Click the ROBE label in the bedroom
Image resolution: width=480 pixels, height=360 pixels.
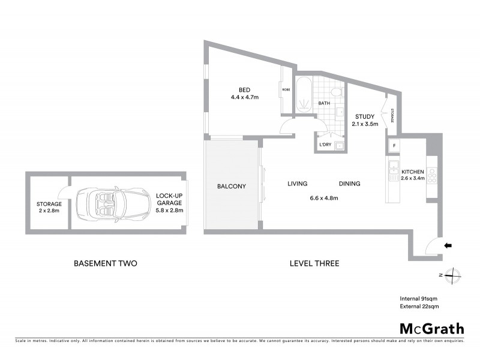pyautogui.click(x=286, y=90)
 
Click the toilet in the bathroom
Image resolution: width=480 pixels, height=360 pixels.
pyautogui.click(x=336, y=92)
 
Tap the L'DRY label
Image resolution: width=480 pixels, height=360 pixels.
pyautogui.click(x=325, y=145)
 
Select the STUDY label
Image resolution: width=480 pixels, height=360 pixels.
pyautogui.click(x=365, y=116)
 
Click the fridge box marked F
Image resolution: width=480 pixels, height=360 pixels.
pyautogui.click(x=394, y=145)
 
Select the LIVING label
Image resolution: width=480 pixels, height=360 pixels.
pyautogui.click(x=297, y=184)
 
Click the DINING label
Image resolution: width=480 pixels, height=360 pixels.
pyautogui.click(x=349, y=184)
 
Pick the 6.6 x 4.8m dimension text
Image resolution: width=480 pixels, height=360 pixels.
pyautogui.click(x=323, y=197)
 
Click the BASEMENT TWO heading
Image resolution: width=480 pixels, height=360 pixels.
pyautogui.click(x=106, y=263)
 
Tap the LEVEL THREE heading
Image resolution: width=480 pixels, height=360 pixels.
pyautogui.click(x=314, y=263)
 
